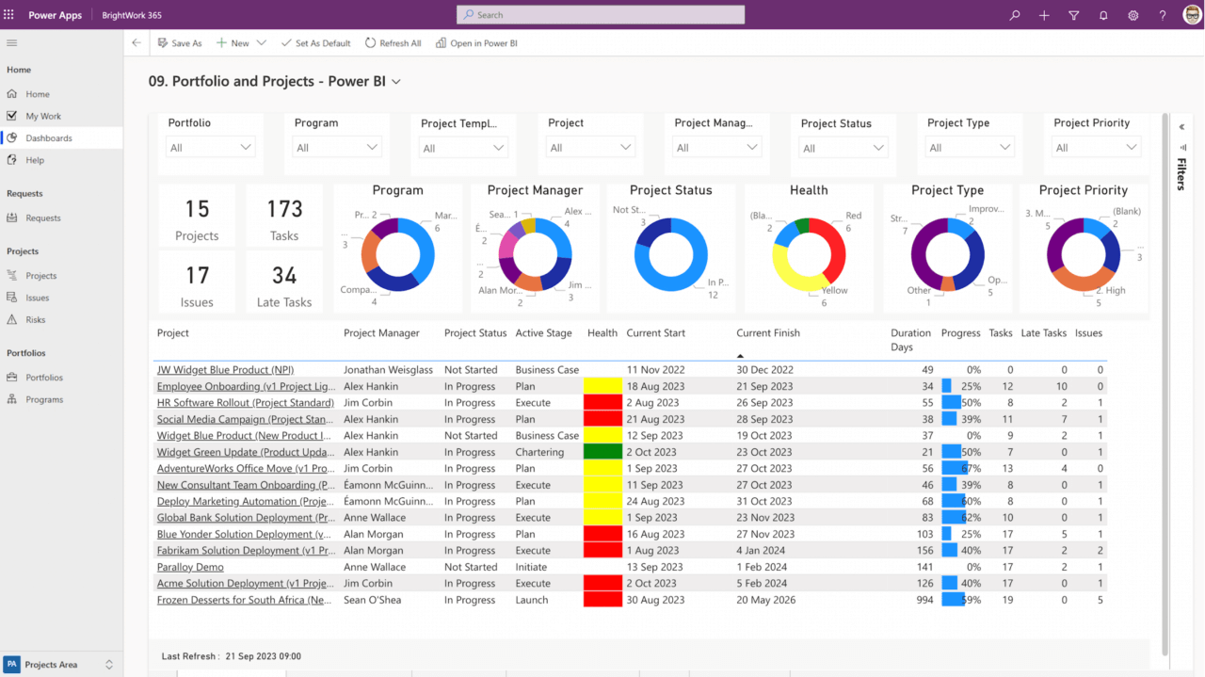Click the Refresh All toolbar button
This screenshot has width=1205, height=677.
click(393, 43)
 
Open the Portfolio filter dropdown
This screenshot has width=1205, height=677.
click(210, 148)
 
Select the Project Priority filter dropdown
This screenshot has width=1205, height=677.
click(1094, 148)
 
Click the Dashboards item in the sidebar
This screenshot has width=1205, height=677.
click(48, 138)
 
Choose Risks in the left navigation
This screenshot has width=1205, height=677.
click(36, 320)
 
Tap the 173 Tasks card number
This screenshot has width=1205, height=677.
click(284, 209)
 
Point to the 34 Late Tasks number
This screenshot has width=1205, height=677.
click(284, 275)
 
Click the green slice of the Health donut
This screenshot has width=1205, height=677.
click(802, 226)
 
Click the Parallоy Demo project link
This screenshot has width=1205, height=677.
click(190, 568)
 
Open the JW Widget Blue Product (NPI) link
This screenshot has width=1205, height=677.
click(225, 370)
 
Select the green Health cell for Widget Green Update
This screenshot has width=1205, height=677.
click(602, 452)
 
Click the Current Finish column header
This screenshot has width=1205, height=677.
click(767, 333)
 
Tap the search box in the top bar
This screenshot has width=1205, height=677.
click(601, 15)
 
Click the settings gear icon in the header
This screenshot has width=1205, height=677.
click(1133, 15)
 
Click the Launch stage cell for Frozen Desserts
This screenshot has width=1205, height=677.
click(531, 601)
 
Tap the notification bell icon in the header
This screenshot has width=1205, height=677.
click(1103, 15)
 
